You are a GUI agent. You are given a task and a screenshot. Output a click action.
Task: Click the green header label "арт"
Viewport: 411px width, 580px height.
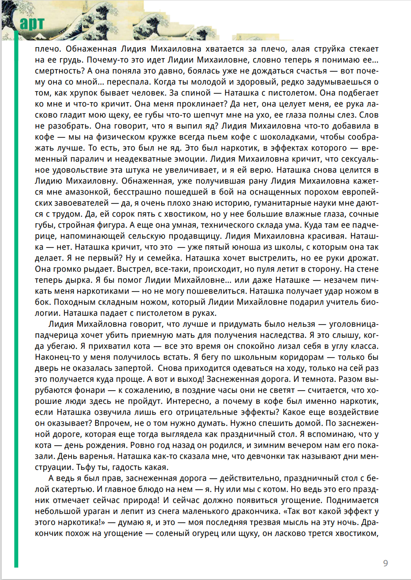click(x=32, y=23)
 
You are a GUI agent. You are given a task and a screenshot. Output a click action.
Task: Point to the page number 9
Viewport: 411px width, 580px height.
click(x=385, y=563)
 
